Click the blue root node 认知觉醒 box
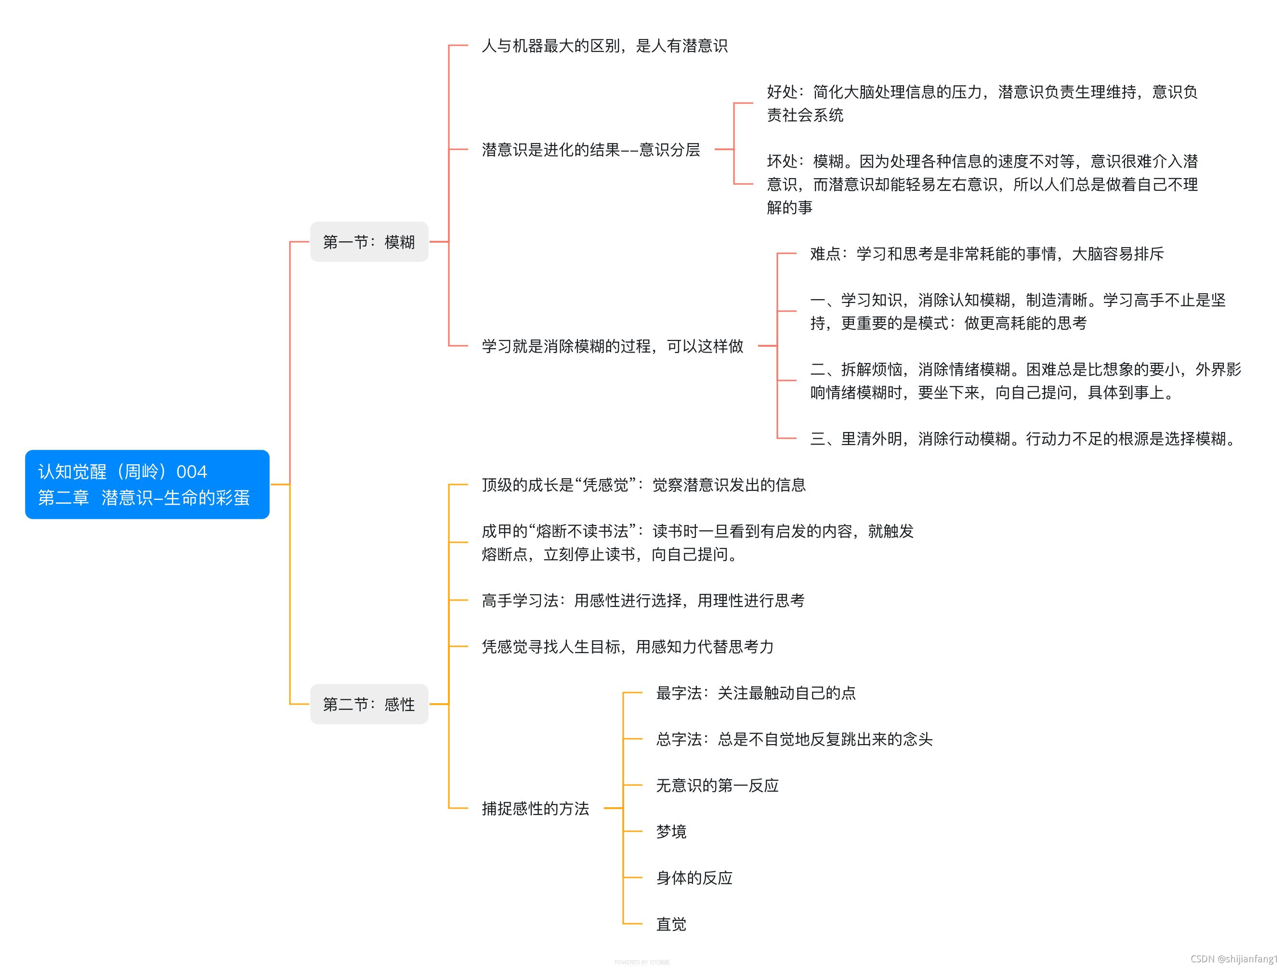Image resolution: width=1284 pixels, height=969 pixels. [x=147, y=484]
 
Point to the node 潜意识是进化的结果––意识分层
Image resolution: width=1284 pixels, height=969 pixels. [x=590, y=150]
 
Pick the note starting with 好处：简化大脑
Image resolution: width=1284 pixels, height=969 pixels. [x=981, y=104]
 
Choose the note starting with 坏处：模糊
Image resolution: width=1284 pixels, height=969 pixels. [x=981, y=184]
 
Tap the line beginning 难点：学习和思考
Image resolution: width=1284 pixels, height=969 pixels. [x=986, y=254]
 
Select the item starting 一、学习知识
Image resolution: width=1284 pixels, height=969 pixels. [x=1017, y=311]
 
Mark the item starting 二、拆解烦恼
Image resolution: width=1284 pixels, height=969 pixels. [x=1024, y=381]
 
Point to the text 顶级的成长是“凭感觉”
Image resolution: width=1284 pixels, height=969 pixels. [x=643, y=485]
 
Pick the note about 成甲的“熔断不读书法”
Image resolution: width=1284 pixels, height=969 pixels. [x=696, y=542]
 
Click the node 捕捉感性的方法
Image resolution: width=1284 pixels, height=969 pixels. [x=535, y=808]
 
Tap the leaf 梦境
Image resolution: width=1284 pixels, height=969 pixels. [x=670, y=831]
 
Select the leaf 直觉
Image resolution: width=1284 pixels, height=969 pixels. [x=670, y=924]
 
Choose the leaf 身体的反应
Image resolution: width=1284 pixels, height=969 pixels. [x=694, y=877]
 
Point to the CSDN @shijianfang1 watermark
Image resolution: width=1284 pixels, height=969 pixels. [x=1233, y=958]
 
